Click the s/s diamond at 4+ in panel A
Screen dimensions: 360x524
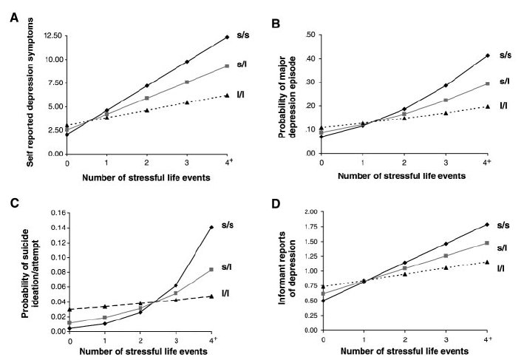228,37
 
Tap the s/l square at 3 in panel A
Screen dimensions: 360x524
187,82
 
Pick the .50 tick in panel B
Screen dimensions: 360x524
310,35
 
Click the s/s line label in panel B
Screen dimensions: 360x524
505,55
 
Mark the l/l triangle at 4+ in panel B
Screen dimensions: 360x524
487,106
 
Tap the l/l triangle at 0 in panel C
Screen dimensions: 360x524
69,309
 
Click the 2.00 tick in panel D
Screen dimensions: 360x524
310,213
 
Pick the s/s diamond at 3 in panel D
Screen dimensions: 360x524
445,243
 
